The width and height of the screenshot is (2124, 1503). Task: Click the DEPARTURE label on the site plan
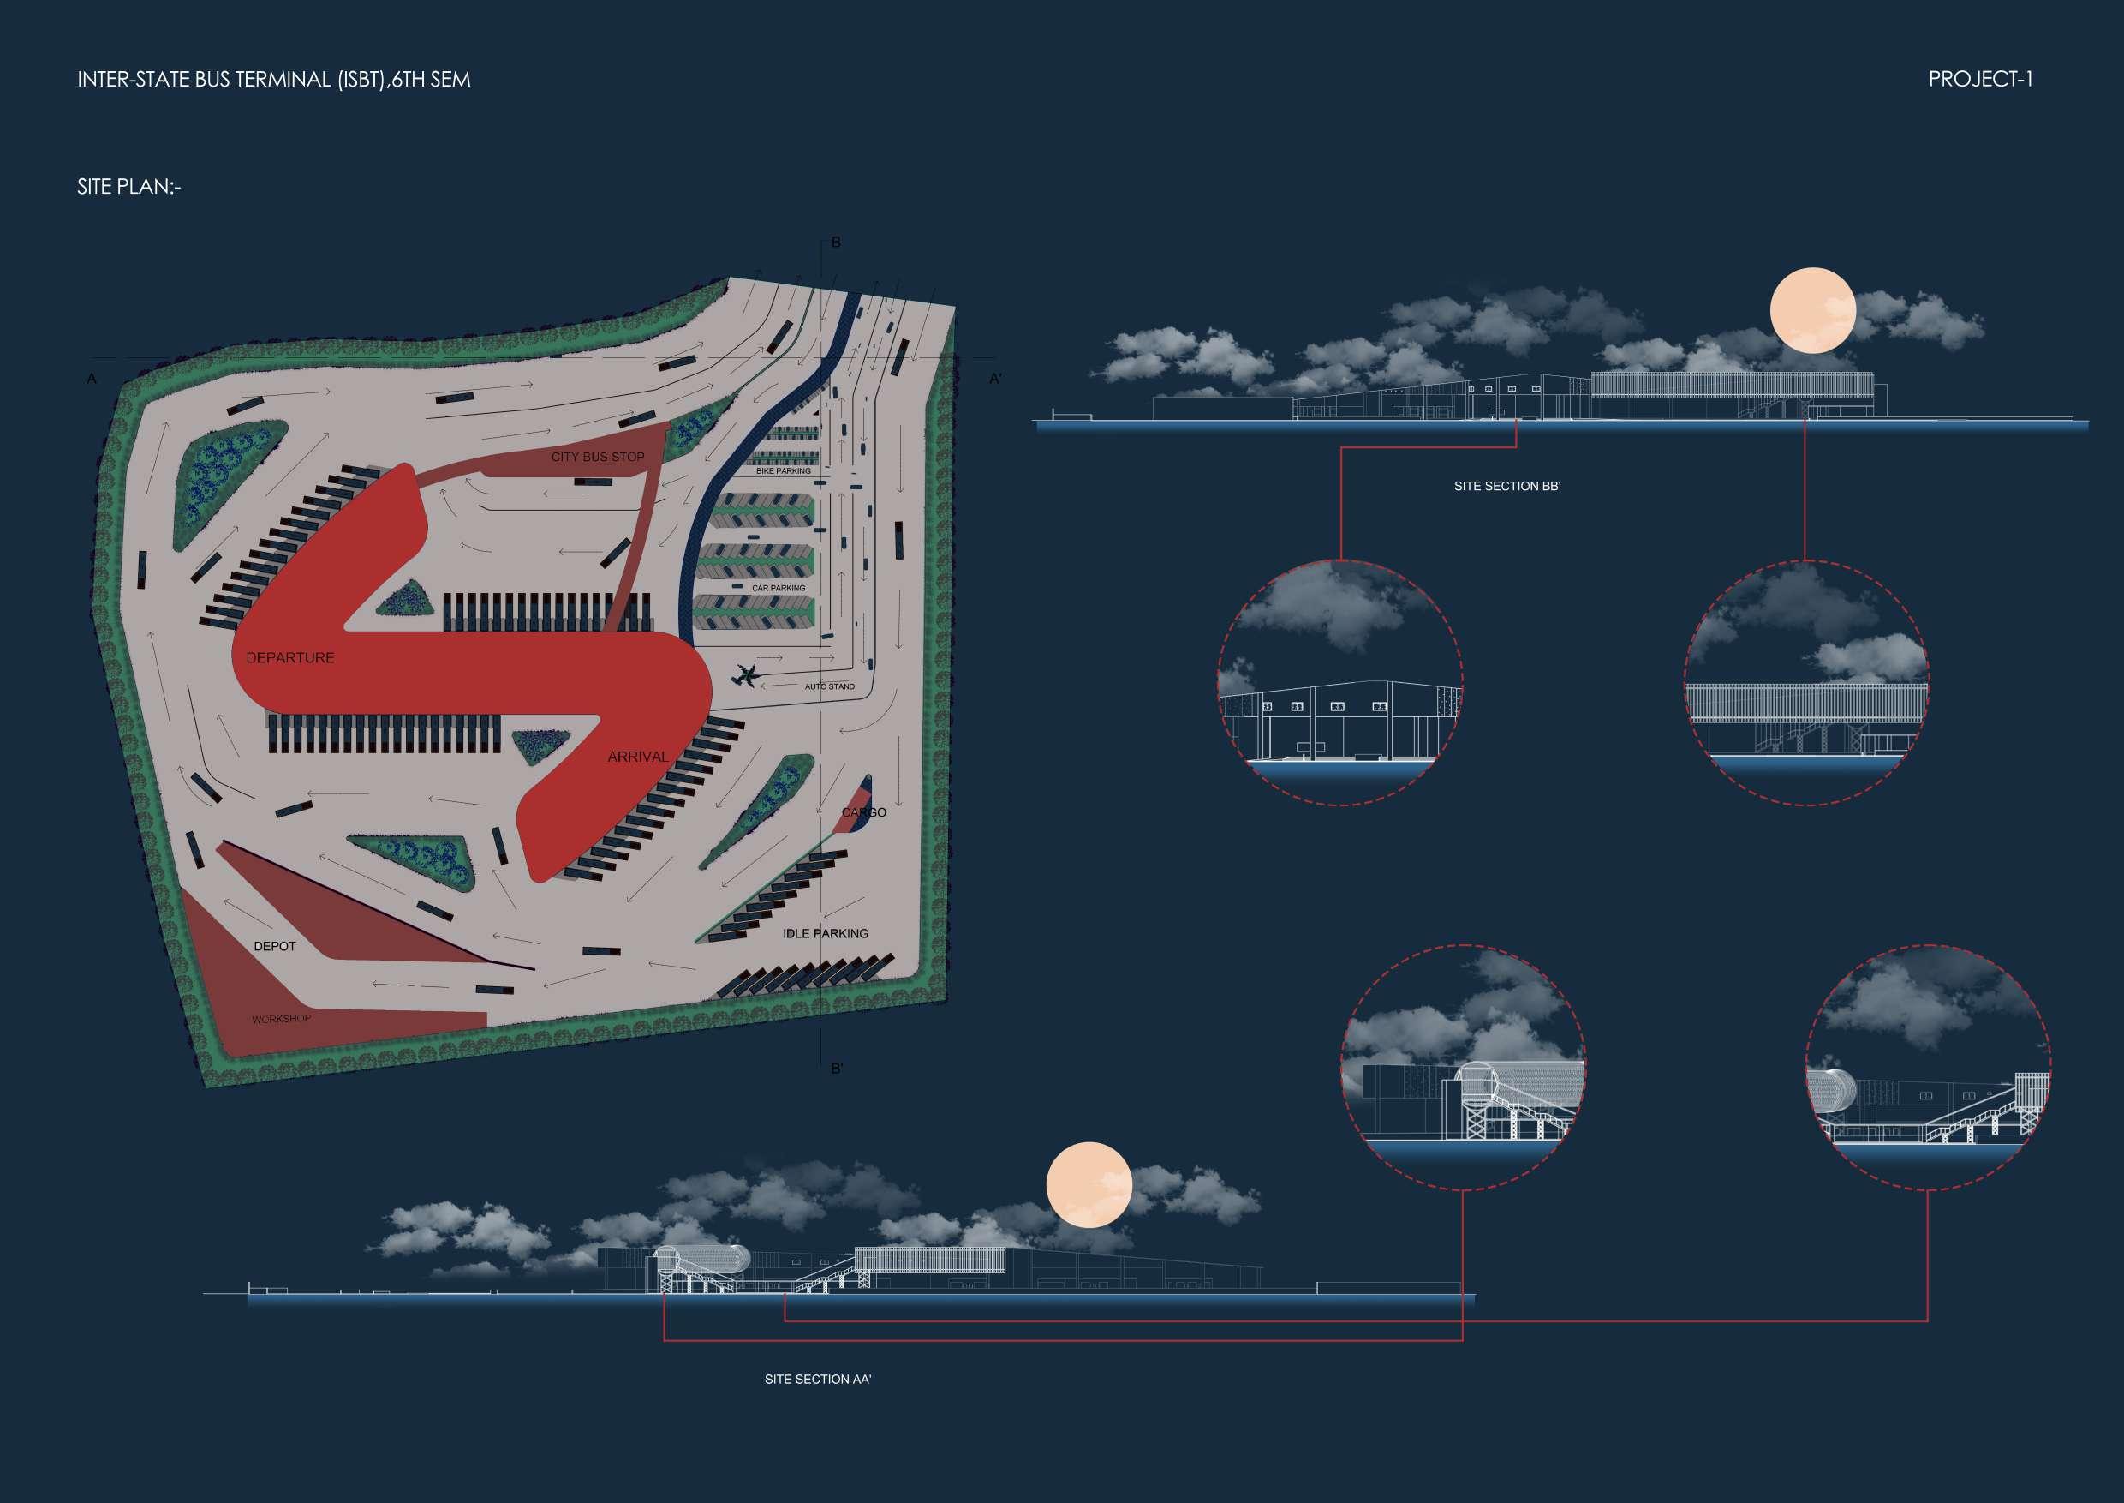pos(289,658)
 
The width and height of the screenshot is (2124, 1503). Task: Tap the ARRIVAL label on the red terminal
pos(637,757)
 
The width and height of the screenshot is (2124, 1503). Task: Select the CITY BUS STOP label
pos(598,458)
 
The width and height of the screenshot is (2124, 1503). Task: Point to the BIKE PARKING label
pos(783,471)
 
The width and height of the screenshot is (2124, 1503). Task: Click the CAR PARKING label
pos(778,588)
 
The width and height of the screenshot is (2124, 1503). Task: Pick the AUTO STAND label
pos(829,686)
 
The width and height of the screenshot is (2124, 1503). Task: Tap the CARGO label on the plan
pos(863,812)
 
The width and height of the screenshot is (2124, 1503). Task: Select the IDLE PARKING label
pos(825,934)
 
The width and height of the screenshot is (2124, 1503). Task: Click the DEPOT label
pos(275,947)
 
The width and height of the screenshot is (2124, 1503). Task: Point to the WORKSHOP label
pos(281,1019)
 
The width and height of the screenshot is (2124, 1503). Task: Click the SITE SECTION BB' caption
pos(1507,486)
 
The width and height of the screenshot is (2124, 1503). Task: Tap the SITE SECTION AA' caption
pos(818,1379)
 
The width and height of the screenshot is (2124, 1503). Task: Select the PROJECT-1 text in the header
pos(1979,80)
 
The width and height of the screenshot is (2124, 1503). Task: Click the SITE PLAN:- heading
pos(128,186)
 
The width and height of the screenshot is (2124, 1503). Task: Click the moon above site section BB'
pos(1812,311)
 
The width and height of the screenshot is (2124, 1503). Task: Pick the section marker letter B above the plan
pos(836,243)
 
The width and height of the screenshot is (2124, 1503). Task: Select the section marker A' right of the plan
pos(995,379)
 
